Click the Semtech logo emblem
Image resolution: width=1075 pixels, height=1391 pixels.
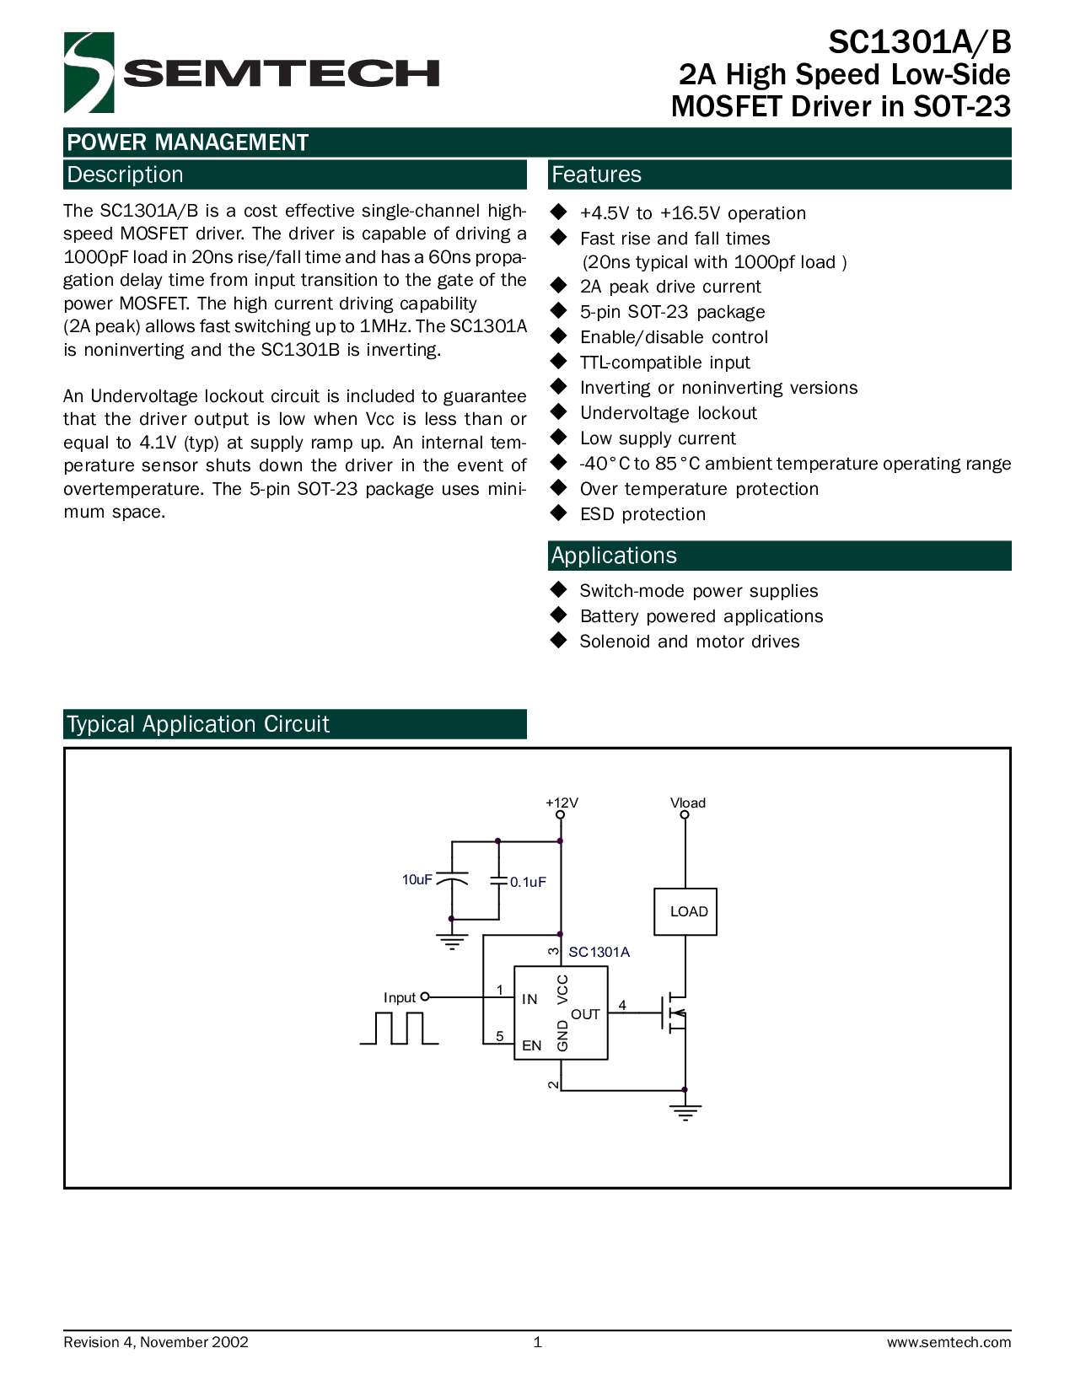tap(89, 73)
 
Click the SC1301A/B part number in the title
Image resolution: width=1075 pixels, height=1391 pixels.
tap(920, 42)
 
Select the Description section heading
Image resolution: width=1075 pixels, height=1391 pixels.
tap(125, 175)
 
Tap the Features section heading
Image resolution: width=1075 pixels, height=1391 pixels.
tap(596, 175)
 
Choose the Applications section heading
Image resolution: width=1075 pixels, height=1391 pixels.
tap(614, 556)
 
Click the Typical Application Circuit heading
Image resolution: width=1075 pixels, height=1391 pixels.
tap(198, 724)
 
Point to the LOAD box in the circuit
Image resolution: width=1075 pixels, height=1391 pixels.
tap(685, 911)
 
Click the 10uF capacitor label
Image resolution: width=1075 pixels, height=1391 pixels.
tap(417, 879)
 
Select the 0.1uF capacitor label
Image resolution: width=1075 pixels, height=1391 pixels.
tap(528, 882)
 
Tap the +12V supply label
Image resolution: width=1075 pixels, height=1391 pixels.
tap(562, 803)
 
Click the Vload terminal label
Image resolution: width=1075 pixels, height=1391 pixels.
tap(688, 803)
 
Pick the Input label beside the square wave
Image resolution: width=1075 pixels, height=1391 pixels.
tap(400, 997)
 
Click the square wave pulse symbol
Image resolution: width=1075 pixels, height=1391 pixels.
tap(399, 1028)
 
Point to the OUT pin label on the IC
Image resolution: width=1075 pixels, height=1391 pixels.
tap(585, 1014)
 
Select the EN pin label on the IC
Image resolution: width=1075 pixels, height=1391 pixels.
tap(531, 1045)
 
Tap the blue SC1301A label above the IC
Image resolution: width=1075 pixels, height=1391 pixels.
tap(599, 952)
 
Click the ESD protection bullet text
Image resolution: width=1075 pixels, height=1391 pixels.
tap(642, 514)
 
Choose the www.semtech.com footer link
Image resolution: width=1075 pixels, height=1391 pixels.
tap(949, 1342)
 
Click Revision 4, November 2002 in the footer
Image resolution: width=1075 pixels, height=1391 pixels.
tap(156, 1342)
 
